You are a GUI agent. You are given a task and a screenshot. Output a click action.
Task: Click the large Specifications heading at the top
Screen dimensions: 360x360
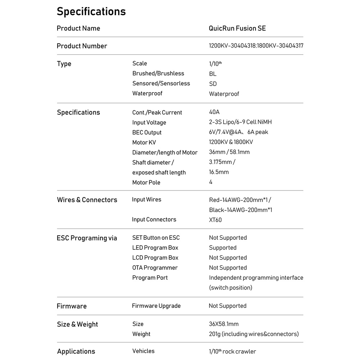tap(91, 12)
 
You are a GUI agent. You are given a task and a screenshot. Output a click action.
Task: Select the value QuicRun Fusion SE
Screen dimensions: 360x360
tap(237, 28)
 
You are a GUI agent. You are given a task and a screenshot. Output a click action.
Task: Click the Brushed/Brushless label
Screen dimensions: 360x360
tap(158, 73)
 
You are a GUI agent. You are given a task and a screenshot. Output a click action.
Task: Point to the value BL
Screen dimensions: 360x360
tap(213, 74)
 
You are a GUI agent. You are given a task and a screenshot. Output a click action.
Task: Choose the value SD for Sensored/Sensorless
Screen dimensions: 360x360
tap(213, 84)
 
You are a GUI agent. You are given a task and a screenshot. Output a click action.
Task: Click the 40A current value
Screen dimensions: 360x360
tap(214, 112)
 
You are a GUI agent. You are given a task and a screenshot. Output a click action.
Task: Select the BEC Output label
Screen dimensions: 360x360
tap(147, 132)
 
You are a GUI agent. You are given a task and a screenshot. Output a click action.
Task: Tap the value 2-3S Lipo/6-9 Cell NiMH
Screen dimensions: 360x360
tap(238, 122)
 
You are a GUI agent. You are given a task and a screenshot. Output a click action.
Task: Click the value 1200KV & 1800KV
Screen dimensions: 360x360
tap(231, 142)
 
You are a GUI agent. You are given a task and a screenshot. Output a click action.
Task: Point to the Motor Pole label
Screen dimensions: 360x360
tap(146, 183)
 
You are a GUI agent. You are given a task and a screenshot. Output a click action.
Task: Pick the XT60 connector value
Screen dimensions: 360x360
tap(215, 220)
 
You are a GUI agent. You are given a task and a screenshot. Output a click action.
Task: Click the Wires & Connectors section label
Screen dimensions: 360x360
tap(87, 200)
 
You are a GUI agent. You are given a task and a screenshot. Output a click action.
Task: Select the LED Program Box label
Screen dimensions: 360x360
tap(155, 248)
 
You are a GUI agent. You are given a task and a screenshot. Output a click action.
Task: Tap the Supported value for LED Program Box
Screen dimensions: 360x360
tap(222, 248)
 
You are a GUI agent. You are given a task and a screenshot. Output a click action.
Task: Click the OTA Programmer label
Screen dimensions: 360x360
tap(155, 268)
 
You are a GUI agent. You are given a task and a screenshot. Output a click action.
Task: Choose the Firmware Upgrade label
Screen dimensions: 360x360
tap(156, 306)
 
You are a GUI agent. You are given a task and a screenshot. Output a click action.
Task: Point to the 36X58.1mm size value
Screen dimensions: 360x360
tap(224, 324)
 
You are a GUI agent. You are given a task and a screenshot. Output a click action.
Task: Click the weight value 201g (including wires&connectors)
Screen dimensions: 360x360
tap(254, 334)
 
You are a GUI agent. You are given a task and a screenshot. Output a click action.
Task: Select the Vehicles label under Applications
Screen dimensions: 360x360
tap(143, 351)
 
